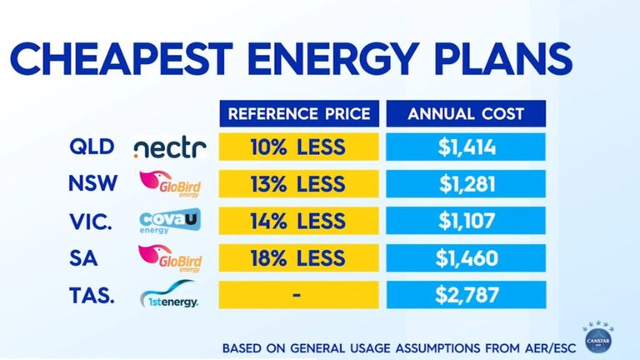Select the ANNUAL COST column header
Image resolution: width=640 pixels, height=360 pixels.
pos(466,114)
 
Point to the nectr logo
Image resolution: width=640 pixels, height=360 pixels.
pos(169,150)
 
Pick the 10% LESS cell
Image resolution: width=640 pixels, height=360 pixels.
pos(297,149)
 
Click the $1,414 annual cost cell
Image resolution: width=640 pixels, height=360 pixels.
pos(466,149)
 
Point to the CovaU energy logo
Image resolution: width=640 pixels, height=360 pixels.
pos(169,222)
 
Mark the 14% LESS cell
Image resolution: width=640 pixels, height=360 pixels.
pos(297,222)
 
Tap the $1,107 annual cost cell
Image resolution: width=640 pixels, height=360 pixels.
pos(466,222)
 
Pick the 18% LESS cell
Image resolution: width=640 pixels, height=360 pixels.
pos(297,257)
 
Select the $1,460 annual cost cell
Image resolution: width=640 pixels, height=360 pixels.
pos(466,257)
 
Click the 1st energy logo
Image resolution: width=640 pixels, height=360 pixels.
pos(169,296)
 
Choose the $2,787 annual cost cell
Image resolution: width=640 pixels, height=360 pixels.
pos(466,293)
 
